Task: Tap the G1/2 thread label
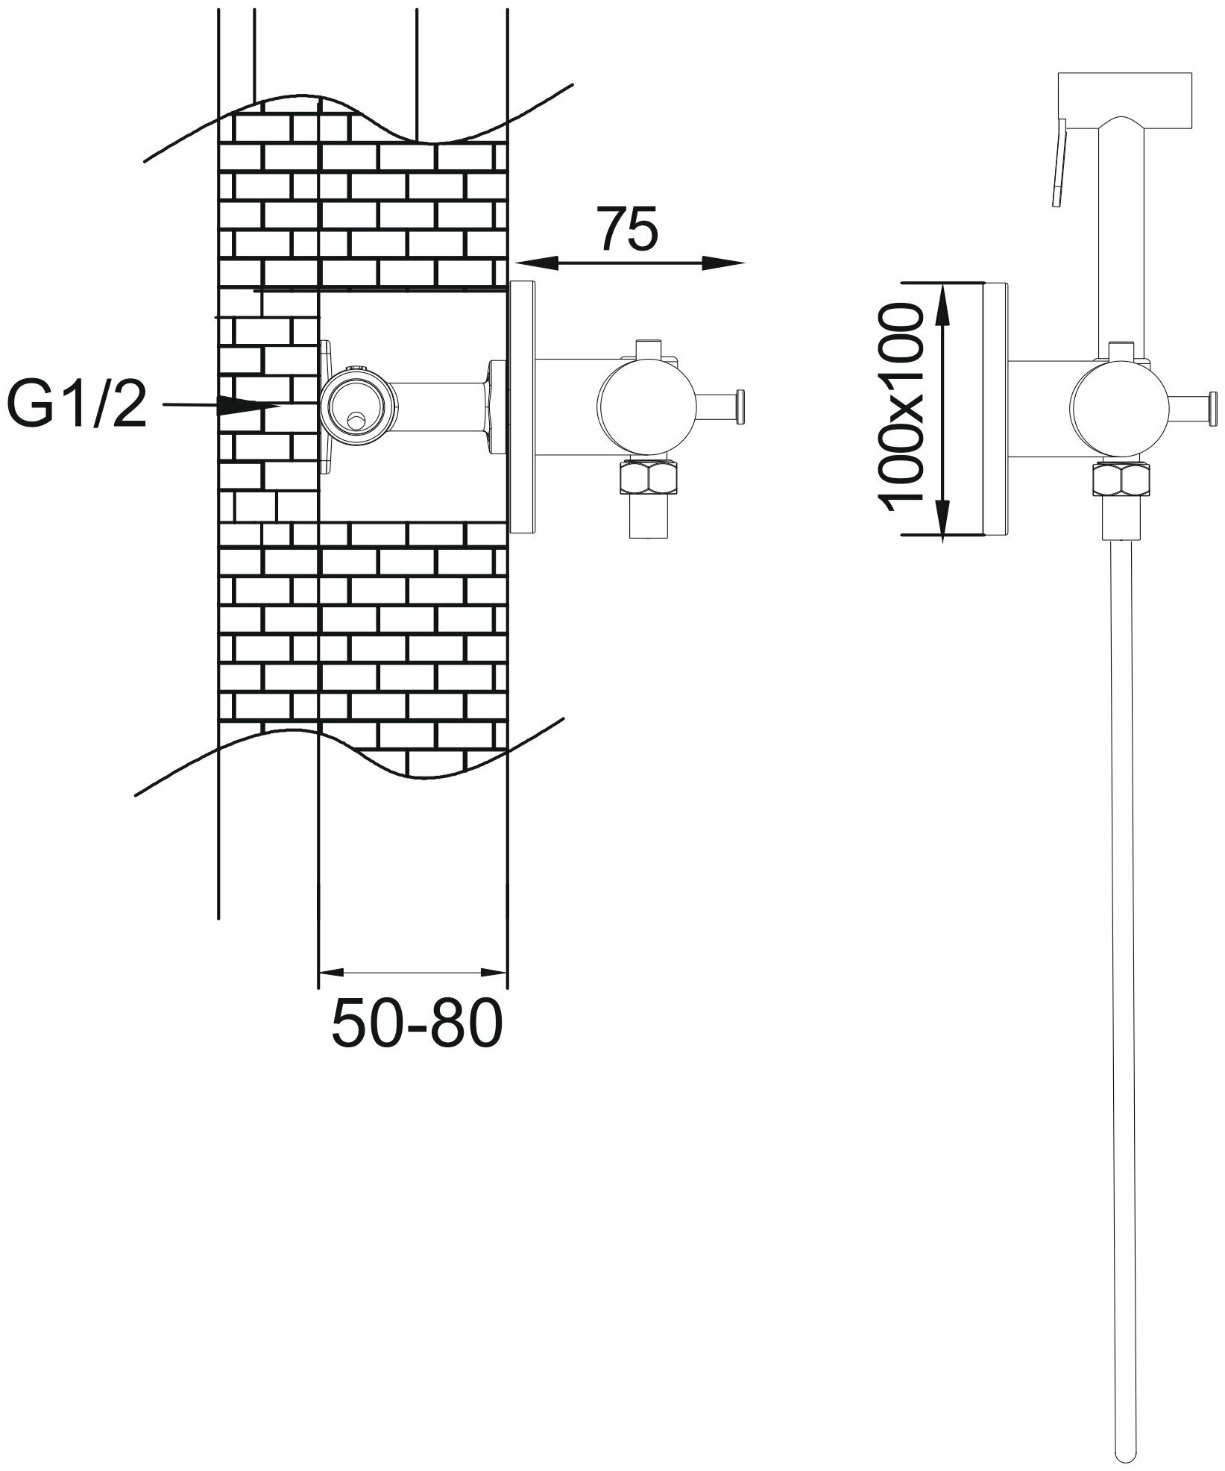tap(76, 404)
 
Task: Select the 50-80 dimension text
tap(417, 1023)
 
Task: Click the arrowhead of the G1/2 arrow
tap(250, 406)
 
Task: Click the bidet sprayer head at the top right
tap(1126, 100)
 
